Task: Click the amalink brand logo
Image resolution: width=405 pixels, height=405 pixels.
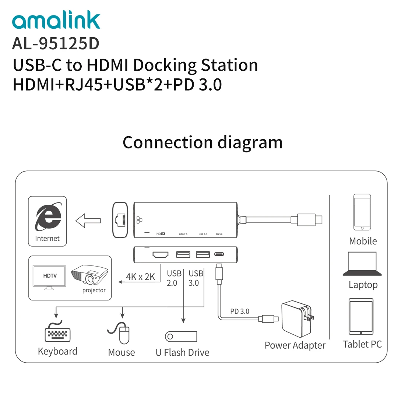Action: coord(56,21)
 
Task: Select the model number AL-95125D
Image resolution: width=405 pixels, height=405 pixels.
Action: coord(56,43)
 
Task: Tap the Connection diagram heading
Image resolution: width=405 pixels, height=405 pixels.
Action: coord(202,142)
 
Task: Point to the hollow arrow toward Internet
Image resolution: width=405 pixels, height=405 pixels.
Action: coord(88,221)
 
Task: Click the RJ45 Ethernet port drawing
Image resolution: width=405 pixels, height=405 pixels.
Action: coord(120,219)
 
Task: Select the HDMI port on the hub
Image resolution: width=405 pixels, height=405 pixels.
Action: coord(160,254)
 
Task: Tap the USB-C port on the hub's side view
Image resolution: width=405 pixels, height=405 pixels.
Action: coord(219,254)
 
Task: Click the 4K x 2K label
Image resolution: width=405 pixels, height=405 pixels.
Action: coord(140,277)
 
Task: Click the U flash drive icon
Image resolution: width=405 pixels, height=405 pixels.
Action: coord(181,336)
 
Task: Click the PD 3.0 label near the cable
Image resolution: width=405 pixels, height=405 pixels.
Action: coord(240,311)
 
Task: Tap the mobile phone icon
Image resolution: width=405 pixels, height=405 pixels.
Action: coord(362,212)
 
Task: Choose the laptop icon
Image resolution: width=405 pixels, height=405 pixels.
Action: coord(362,264)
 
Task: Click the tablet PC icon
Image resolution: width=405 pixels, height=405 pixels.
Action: coord(361,317)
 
